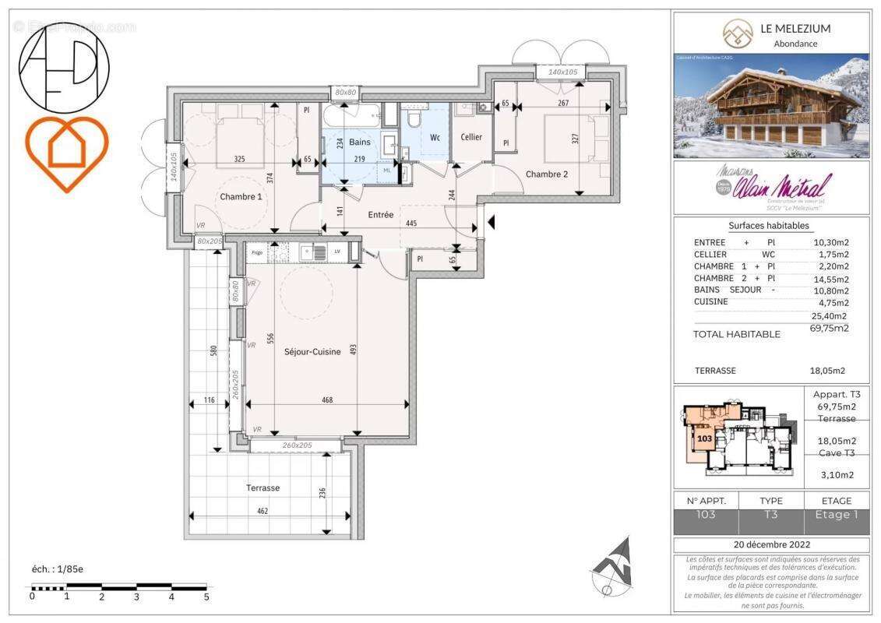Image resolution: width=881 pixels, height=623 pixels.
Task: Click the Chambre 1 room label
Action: click(x=240, y=197)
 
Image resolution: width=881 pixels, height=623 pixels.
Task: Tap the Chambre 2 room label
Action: click(x=548, y=174)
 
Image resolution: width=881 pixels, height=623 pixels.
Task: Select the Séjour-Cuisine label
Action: click(x=312, y=352)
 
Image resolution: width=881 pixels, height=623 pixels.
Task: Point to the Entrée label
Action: click(x=380, y=215)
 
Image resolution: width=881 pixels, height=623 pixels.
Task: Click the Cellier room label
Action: click(x=471, y=137)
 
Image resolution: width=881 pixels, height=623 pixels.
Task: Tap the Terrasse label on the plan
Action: click(x=263, y=487)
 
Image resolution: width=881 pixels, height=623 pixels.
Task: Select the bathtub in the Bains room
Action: click(x=351, y=117)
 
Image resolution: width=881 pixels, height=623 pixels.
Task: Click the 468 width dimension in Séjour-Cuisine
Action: click(x=327, y=399)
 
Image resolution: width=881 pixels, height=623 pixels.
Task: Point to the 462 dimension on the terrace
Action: click(x=263, y=511)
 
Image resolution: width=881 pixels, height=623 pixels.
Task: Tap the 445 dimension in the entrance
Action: click(x=412, y=224)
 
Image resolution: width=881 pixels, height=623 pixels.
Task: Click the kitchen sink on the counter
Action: click(x=319, y=252)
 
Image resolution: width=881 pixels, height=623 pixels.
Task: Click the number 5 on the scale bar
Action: click(x=206, y=597)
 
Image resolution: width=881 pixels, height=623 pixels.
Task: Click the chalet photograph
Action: click(x=770, y=106)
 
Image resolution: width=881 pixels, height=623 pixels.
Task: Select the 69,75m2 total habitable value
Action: click(x=830, y=329)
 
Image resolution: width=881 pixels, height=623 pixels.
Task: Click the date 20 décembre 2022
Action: click(x=770, y=544)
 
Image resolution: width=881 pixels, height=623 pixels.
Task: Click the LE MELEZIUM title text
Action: click(x=795, y=29)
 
